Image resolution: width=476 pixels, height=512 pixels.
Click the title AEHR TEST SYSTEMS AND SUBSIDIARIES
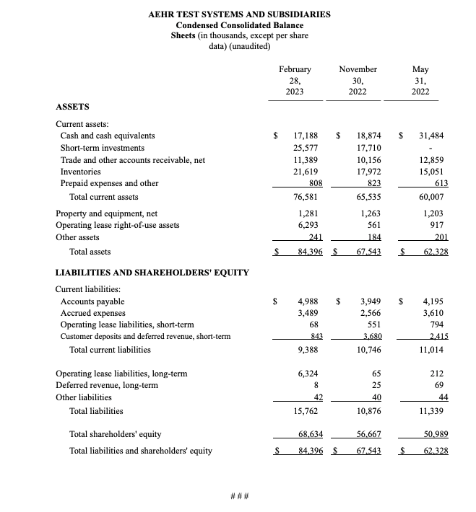click(240, 14)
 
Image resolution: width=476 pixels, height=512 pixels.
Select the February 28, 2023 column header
click(295, 81)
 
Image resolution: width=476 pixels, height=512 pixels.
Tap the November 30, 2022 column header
click(358, 81)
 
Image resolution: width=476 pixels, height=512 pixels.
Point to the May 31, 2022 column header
click(420, 81)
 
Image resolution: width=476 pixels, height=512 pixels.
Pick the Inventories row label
click(82, 171)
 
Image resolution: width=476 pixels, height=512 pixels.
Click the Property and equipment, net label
click(106, 213)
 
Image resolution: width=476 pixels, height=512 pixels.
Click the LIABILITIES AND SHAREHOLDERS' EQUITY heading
click(152, 273)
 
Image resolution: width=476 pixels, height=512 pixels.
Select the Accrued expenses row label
click(92, 313)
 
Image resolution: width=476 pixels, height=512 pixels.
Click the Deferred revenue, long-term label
click(107, 385)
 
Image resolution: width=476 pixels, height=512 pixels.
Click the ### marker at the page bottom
click(240, 496)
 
